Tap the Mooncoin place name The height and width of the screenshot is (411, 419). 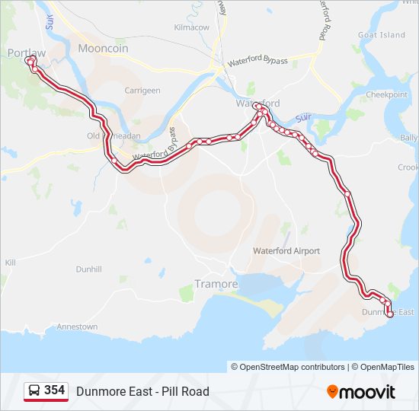click(103, 48)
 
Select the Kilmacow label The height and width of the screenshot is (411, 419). click(191, 27)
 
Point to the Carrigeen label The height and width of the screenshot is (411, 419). click(142, 91)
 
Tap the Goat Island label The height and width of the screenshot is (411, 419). click(382, 35)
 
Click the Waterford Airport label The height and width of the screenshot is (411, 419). click(286, 251)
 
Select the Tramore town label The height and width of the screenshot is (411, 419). click(216, 284)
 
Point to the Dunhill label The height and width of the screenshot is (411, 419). click(88, 269)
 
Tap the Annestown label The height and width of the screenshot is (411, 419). click(77, 327)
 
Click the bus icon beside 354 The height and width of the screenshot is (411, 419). click(34, 390)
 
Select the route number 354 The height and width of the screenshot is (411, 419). click(54, 390)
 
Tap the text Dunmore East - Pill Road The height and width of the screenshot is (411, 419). click(142, 392)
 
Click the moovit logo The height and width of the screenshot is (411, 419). click(361, 392)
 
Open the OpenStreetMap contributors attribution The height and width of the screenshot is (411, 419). click(292, 367)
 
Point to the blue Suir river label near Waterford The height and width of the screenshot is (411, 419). click(304, 117)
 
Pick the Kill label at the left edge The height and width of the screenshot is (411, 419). click(10, 262)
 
